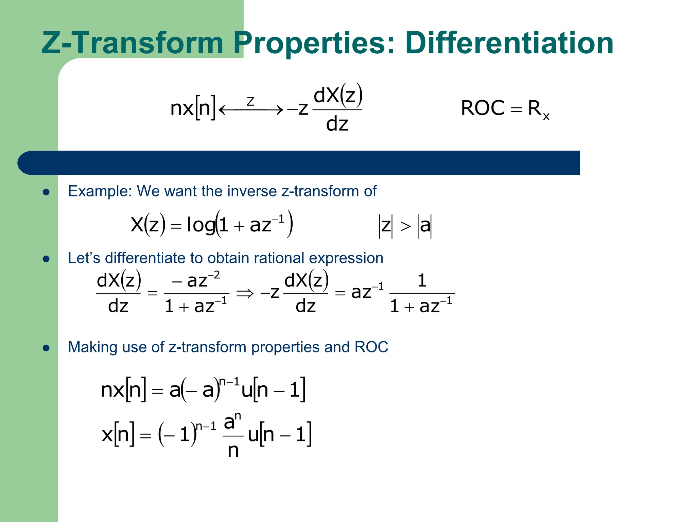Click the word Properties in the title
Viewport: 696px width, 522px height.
pos(314,43)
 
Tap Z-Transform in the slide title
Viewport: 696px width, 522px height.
pos(133,43)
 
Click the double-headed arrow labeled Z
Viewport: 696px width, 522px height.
pos(251,109)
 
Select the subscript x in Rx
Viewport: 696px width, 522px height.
pos(546,117)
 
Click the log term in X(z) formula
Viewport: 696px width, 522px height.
pos(201,225)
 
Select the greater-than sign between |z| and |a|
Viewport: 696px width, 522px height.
pos(405,226)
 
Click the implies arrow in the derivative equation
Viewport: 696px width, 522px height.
pos(245,293)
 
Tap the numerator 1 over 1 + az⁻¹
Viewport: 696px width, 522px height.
pos(421,281)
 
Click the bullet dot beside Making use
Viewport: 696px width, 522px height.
pos(46,348)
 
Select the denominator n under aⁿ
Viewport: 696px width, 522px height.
pos(233,451)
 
